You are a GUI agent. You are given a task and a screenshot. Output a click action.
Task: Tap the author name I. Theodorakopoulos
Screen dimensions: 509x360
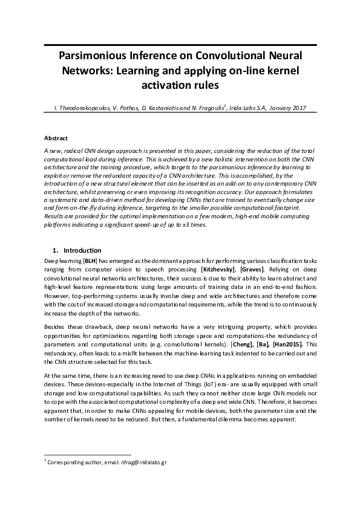(80, 108)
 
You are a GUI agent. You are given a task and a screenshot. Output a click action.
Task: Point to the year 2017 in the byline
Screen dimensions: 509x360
(296, 108)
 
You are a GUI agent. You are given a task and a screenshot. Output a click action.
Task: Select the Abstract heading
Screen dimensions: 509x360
(56, 138)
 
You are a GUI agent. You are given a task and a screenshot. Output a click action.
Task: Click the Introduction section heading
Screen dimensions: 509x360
(82, 250)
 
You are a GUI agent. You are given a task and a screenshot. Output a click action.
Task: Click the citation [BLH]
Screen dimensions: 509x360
(82, 258)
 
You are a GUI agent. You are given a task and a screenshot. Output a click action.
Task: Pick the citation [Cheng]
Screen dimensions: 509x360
(241, 344)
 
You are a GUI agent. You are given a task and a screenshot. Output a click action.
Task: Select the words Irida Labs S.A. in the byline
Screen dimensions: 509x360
(246, 108)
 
